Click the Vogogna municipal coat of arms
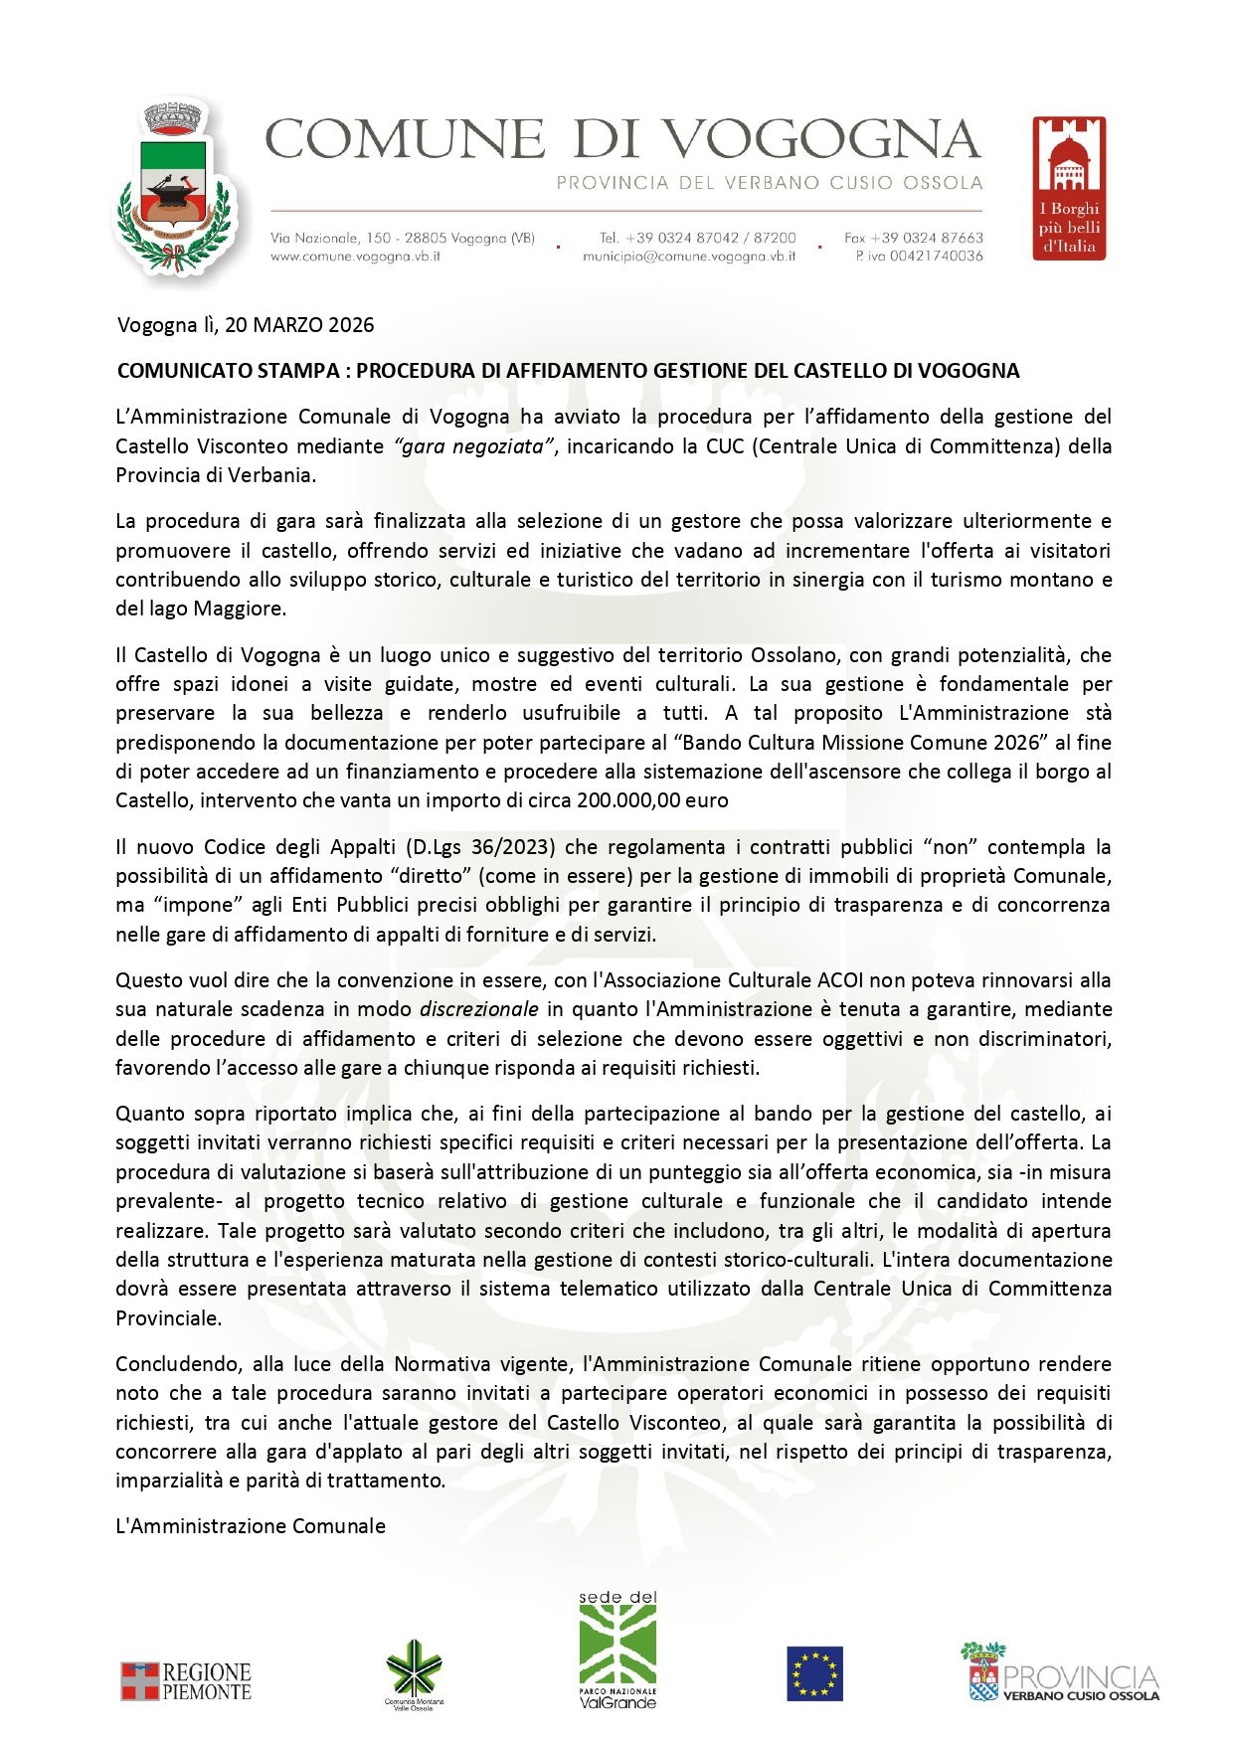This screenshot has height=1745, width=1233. pyautogui.click(x=175, y=189)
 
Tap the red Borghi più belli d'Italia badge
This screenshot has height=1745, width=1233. pyautogui.click(x=1069, y=189)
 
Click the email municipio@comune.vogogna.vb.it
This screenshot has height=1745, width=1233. pyautogui.click(x=689, y=257)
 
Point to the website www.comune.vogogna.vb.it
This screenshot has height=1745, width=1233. pyautogui.click(x=355, y=257)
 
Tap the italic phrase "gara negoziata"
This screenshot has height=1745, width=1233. pyautogui.click(x=473, y=446)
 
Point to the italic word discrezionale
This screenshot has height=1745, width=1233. pyautogui.click(x=479, y=1009)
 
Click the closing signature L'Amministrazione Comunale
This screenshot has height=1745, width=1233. pyautogui.click(x=251, y=1526)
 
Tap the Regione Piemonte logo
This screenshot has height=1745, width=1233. pyautogui.click(x=186, y=1681)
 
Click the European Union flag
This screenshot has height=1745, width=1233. pyautogui.click(x=814, y=1674)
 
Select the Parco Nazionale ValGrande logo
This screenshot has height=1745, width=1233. pyautogui.click(x=617, y=1651)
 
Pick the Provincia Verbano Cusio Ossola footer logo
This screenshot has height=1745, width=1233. pyautogui.click(x=1060, y=1673)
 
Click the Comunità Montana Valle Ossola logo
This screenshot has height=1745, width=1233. pyautogui.click(x=414, y=1674)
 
